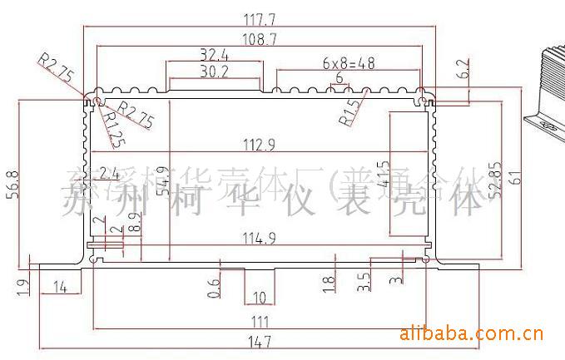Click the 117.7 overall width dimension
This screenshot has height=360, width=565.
pos(262,17)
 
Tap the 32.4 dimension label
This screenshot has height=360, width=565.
pos(214,56)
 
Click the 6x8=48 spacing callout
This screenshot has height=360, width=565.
pos(348,63)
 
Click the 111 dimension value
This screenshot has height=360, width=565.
pos(259,320)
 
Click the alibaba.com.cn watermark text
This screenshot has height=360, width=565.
pos(471,335)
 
